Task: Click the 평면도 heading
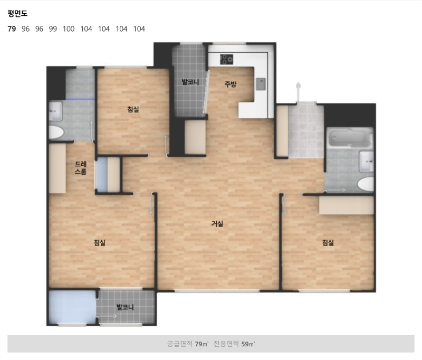(17, 14)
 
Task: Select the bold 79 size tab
(12, 29)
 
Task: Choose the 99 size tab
(53, 29)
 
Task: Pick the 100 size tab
(69, 29)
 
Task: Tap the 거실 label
(217, 223)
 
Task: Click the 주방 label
(231, 84)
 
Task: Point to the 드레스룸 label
(81, 168)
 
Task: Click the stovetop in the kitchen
(226, 59)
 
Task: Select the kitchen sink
(261, 84)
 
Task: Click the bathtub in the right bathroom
(350, 138)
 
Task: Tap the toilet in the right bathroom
(366, 184)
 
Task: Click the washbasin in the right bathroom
(367, 161)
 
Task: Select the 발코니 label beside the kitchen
(190, 82)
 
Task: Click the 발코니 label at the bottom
(125, 307)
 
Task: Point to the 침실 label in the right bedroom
(328, 243)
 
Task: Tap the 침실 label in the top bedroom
(133, 109)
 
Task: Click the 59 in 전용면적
(245, 344)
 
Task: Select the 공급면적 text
(180, 344)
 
